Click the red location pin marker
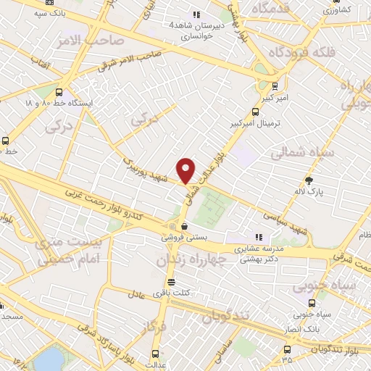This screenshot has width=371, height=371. coord(186,170)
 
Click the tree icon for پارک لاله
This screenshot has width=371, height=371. coord(310,180)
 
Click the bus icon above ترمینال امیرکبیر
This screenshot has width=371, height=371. coord(254,112)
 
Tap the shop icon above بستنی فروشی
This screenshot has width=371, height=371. coord(185,225)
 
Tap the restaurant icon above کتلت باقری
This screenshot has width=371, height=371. coord(171,282)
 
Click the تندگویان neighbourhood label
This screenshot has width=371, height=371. coord(225,317)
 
